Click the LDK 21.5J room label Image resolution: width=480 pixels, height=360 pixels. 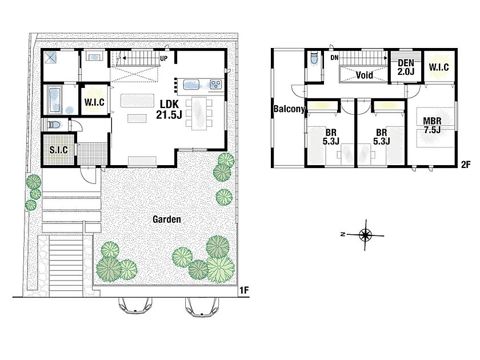tap(169, 109)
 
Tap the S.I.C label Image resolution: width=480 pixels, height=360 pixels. tap(58, 150)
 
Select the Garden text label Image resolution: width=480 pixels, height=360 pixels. tap(167, 219)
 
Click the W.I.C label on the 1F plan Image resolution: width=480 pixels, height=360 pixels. tap(94, 102)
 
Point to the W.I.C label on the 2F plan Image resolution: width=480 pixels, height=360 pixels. tap(439, 67)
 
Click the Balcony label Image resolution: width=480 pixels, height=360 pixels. tap(289, 109)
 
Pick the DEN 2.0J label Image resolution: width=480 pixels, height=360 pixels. tap(406, 67)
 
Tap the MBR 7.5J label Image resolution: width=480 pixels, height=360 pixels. tap(432, 125)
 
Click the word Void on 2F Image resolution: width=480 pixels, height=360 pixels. tap(365, 75)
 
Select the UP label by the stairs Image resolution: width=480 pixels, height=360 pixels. tap(164, 58)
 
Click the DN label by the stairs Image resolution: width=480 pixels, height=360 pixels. tap(334, 58)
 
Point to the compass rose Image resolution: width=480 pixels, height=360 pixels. tap(365, 235)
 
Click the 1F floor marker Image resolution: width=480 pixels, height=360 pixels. tap(243, 290)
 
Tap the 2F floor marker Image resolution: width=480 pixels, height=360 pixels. tap(466, 165)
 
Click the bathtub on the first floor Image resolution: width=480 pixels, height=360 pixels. tap(55, 99)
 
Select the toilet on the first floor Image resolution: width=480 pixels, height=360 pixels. tap(54, 125)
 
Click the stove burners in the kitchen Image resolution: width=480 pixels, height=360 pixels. tap(216, 84)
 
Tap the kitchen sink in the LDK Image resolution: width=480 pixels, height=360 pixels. tap(191, 85)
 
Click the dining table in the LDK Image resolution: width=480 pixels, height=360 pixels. tap(199, 113)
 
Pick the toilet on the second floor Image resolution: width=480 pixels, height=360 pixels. tap(314, 59)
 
